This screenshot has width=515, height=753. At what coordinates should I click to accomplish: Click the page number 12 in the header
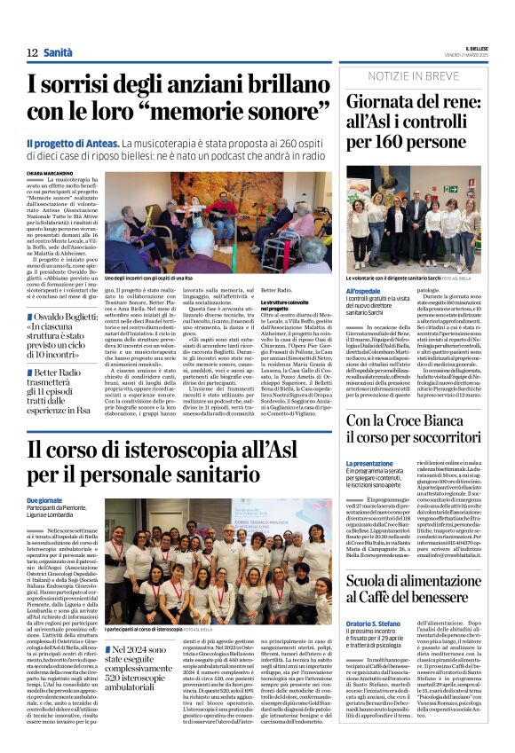32,52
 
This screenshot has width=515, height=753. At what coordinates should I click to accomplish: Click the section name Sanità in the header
58,52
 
